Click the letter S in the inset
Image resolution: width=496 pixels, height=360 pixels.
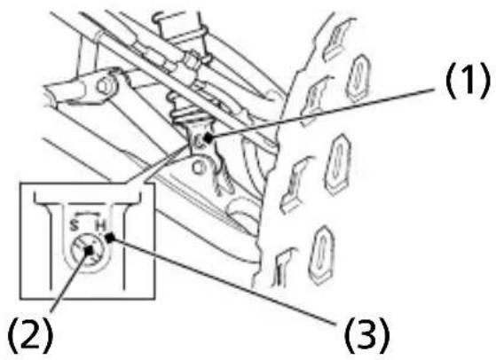74,226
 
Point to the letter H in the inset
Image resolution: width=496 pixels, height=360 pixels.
100,226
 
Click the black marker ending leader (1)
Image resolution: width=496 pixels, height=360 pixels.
208,137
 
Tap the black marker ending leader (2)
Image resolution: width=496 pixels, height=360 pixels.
90,250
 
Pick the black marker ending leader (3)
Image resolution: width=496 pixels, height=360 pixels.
110,238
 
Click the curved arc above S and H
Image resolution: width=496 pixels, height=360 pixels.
87,214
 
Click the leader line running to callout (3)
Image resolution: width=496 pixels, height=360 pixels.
223,281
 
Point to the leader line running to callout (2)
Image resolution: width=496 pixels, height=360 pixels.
70,282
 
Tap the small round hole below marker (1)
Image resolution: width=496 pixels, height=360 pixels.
198,168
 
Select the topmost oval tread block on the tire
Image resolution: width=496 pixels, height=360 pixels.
358,77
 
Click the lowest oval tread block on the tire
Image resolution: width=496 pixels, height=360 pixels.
320,254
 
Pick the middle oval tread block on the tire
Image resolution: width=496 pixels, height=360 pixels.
338,164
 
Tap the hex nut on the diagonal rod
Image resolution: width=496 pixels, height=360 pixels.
191,59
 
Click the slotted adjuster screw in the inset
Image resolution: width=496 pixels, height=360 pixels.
88,250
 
